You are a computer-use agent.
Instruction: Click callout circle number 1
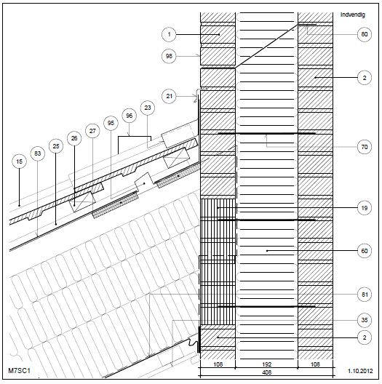pyautogui.click(x=169, y=34)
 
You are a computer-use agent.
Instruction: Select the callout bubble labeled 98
pyautogui.click(x=169, y=56)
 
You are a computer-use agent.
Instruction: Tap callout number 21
pyautogui.click(x=169, y=96)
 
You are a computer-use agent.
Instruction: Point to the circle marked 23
pyautogui.click(x=148, y=108)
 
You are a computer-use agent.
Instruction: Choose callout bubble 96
pyautogui.click(x=129, y=116)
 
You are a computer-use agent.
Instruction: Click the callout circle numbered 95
pyautogui.click(x=111, y=123)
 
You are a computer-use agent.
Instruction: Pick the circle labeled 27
pyautogui.click(x=92, y=131)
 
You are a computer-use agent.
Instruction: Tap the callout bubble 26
pyautogui.click(x=74, y=138)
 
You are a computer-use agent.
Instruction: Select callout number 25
pyautogui.click(x=56, y=146)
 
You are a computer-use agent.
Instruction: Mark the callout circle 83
pyautogui.click(x=38, y=153)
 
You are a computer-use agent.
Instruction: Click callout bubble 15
pyautogui.click(x=19, y=161)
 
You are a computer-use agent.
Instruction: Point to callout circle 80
pyautogui.click(x=365, y=34)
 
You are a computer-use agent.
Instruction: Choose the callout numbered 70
pyautogui.click(x=365, y=147)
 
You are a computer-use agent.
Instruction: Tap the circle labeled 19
pyautogui.click(x=365, y=208)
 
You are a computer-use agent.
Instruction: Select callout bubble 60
pyautogui.click(x=365, y=251)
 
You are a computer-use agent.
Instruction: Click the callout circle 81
pyautogui.click(x=365, y=295)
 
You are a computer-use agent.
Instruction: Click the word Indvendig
pyautogui.click(x=353, y=15)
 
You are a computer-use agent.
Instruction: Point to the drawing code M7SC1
pyautogui.click(x=20, y=370)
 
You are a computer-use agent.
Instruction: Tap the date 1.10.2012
pyautogui.click(x=360, y=371)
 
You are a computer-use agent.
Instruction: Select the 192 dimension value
pyautogui.click(x=266, y=364)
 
